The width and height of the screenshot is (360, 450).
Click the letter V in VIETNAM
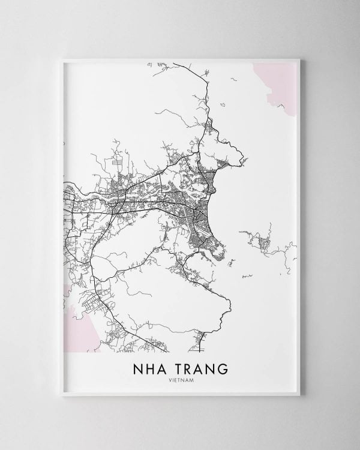point(169,379)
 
